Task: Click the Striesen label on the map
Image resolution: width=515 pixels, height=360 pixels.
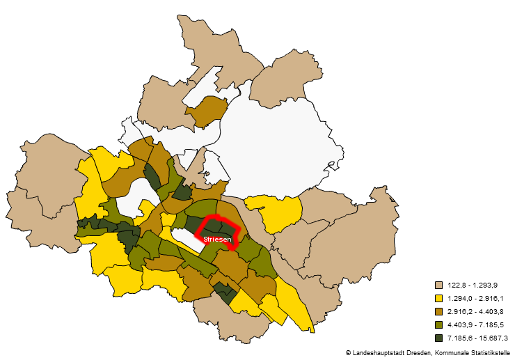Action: (x=217, y=239)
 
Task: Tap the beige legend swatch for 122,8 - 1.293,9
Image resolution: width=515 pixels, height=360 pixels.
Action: (x=439, y=285)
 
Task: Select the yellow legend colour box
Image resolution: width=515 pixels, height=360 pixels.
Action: (x=439, y=298)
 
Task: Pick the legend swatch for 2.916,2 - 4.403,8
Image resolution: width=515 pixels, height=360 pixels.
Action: (x=439, y=311)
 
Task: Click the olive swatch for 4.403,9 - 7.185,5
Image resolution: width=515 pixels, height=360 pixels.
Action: (x=439, y=324)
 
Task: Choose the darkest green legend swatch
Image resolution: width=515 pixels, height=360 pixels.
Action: (x=439, y=338)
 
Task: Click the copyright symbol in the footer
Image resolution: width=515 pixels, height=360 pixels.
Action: (x=348, y=353)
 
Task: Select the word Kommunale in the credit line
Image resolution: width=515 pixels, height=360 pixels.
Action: (x=456, y=353)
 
